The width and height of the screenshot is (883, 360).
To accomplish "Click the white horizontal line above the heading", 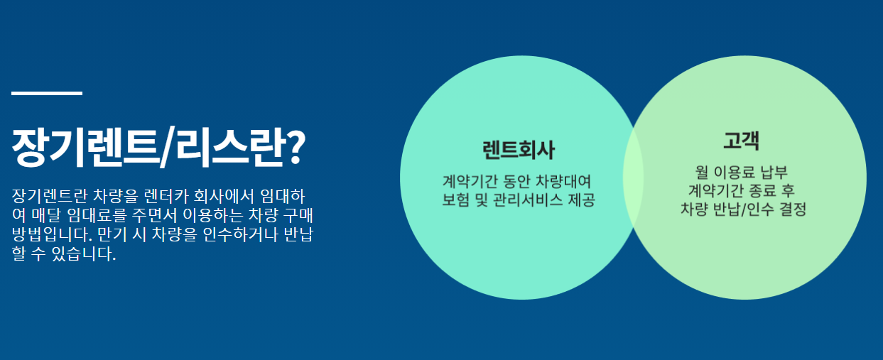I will pyautogui.click(x=47, y=93).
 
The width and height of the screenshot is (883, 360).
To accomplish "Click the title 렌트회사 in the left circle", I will pyautogui.click(x=518, y=151).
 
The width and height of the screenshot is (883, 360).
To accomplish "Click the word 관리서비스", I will pyautogui.click(x=526, y=200).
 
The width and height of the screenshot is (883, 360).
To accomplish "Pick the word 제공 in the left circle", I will pyautogui.click(x=581, y=200).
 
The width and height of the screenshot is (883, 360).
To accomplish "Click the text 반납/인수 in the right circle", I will pyautogui.click(x=743, y=209).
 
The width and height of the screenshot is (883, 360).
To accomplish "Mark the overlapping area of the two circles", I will pyautogui.click(x=633, y=178).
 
